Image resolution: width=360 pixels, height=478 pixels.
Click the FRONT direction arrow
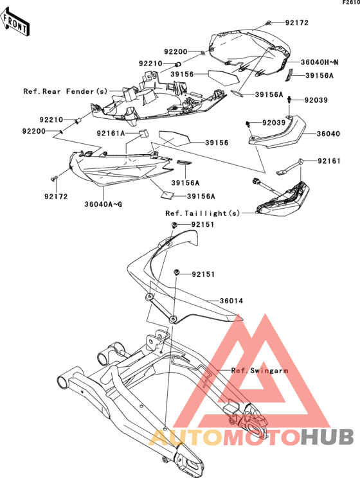click(x=15, y=21)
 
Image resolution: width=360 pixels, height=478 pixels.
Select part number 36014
click(x=231, y=301)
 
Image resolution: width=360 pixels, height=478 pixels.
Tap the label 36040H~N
click(x=319, y=62)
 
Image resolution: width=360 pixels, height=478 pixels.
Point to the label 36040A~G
click(x=103, y=204)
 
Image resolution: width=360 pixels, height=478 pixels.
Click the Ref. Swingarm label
click(x=260, y=371)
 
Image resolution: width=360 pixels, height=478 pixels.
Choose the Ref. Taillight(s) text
click(x=203, y=213)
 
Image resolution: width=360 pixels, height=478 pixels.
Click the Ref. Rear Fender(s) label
click(x=66, y=91)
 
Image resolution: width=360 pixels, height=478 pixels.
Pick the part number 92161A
click(x=111, y=133)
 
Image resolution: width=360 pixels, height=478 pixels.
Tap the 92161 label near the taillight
click(x=329, y=161)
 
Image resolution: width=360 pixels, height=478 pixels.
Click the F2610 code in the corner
click(x=351, y=3)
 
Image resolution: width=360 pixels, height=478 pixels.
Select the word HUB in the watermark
click(x=327, y=436)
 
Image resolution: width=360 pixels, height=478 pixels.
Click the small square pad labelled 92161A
click(x=144, y=134)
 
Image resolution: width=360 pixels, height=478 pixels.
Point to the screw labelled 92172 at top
click(x=269, y=22)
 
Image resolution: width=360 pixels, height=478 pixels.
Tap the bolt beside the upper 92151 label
click(x=174, y=225)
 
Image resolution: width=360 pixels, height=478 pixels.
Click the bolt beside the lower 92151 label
click(x=176, y=272)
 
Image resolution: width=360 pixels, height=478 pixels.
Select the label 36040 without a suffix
click(x=328, y=134)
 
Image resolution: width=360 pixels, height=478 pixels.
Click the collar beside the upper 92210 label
click(x=178, y=64)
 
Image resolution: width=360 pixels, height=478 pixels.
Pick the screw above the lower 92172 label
click(x=54, y=179)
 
